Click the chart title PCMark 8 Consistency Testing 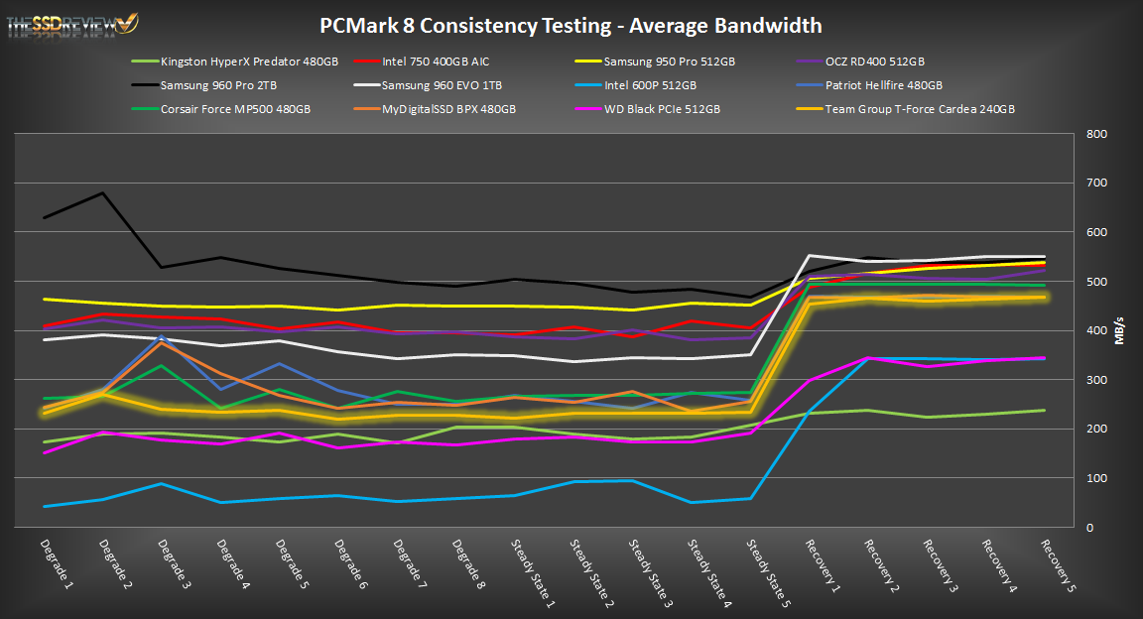click(x=571, y=25)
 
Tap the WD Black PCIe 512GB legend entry click(x=663, y=109)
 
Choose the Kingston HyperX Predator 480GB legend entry click(x=249, y=62)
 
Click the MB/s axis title click(x=1120, y=330)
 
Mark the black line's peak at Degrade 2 click(x=104, y=192)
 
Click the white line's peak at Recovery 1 click(x=810, y=256)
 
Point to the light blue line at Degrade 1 click(x=45, y=506)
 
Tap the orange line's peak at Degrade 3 click(x=163, y=342)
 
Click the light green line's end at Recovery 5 click(x=1044, y=410)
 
